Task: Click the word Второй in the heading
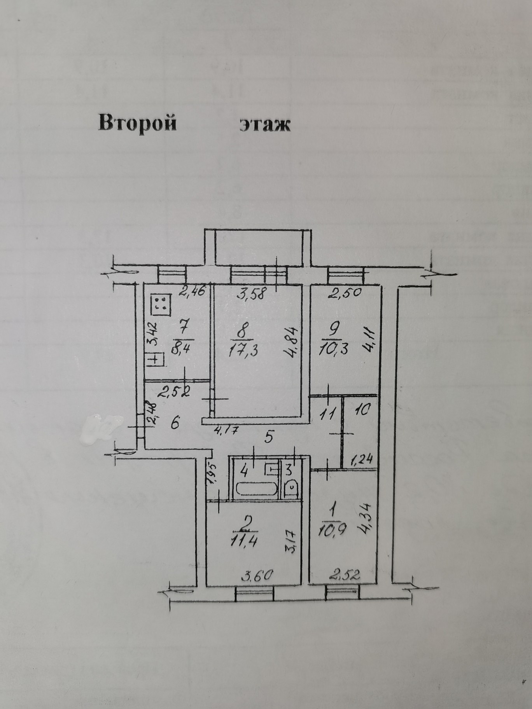(137, 124)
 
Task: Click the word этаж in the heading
(265, 124)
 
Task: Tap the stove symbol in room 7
(161, 304)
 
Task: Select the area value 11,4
(245, 538)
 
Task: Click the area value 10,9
(332, 540)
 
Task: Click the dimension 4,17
(226, 431)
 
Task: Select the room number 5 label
(268, 438)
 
